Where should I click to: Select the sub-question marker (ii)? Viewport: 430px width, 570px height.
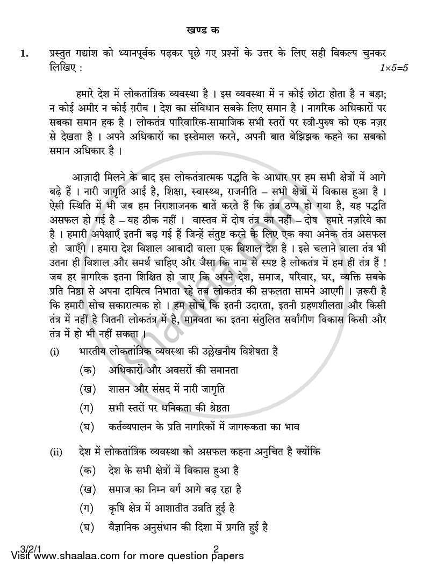[x=56, y=452]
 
